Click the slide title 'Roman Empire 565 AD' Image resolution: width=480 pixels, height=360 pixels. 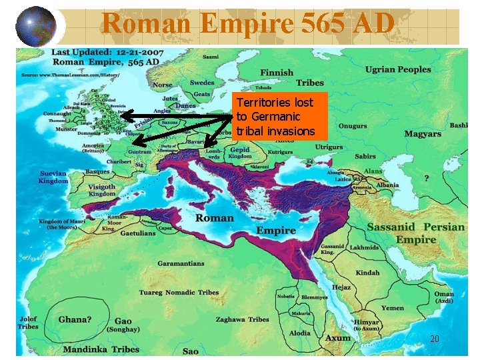248,25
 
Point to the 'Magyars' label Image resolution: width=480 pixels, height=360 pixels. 422,134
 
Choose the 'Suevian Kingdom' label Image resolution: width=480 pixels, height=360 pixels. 53,177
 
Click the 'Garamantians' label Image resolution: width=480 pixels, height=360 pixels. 181,263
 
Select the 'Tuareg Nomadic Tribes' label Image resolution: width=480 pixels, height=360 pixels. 179,293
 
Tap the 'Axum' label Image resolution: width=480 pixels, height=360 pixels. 338,339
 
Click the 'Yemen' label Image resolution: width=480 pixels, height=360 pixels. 393,308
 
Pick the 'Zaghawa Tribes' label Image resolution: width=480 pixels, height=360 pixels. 243,319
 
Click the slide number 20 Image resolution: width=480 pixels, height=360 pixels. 435,339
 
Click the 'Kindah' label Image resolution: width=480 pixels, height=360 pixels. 367,273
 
